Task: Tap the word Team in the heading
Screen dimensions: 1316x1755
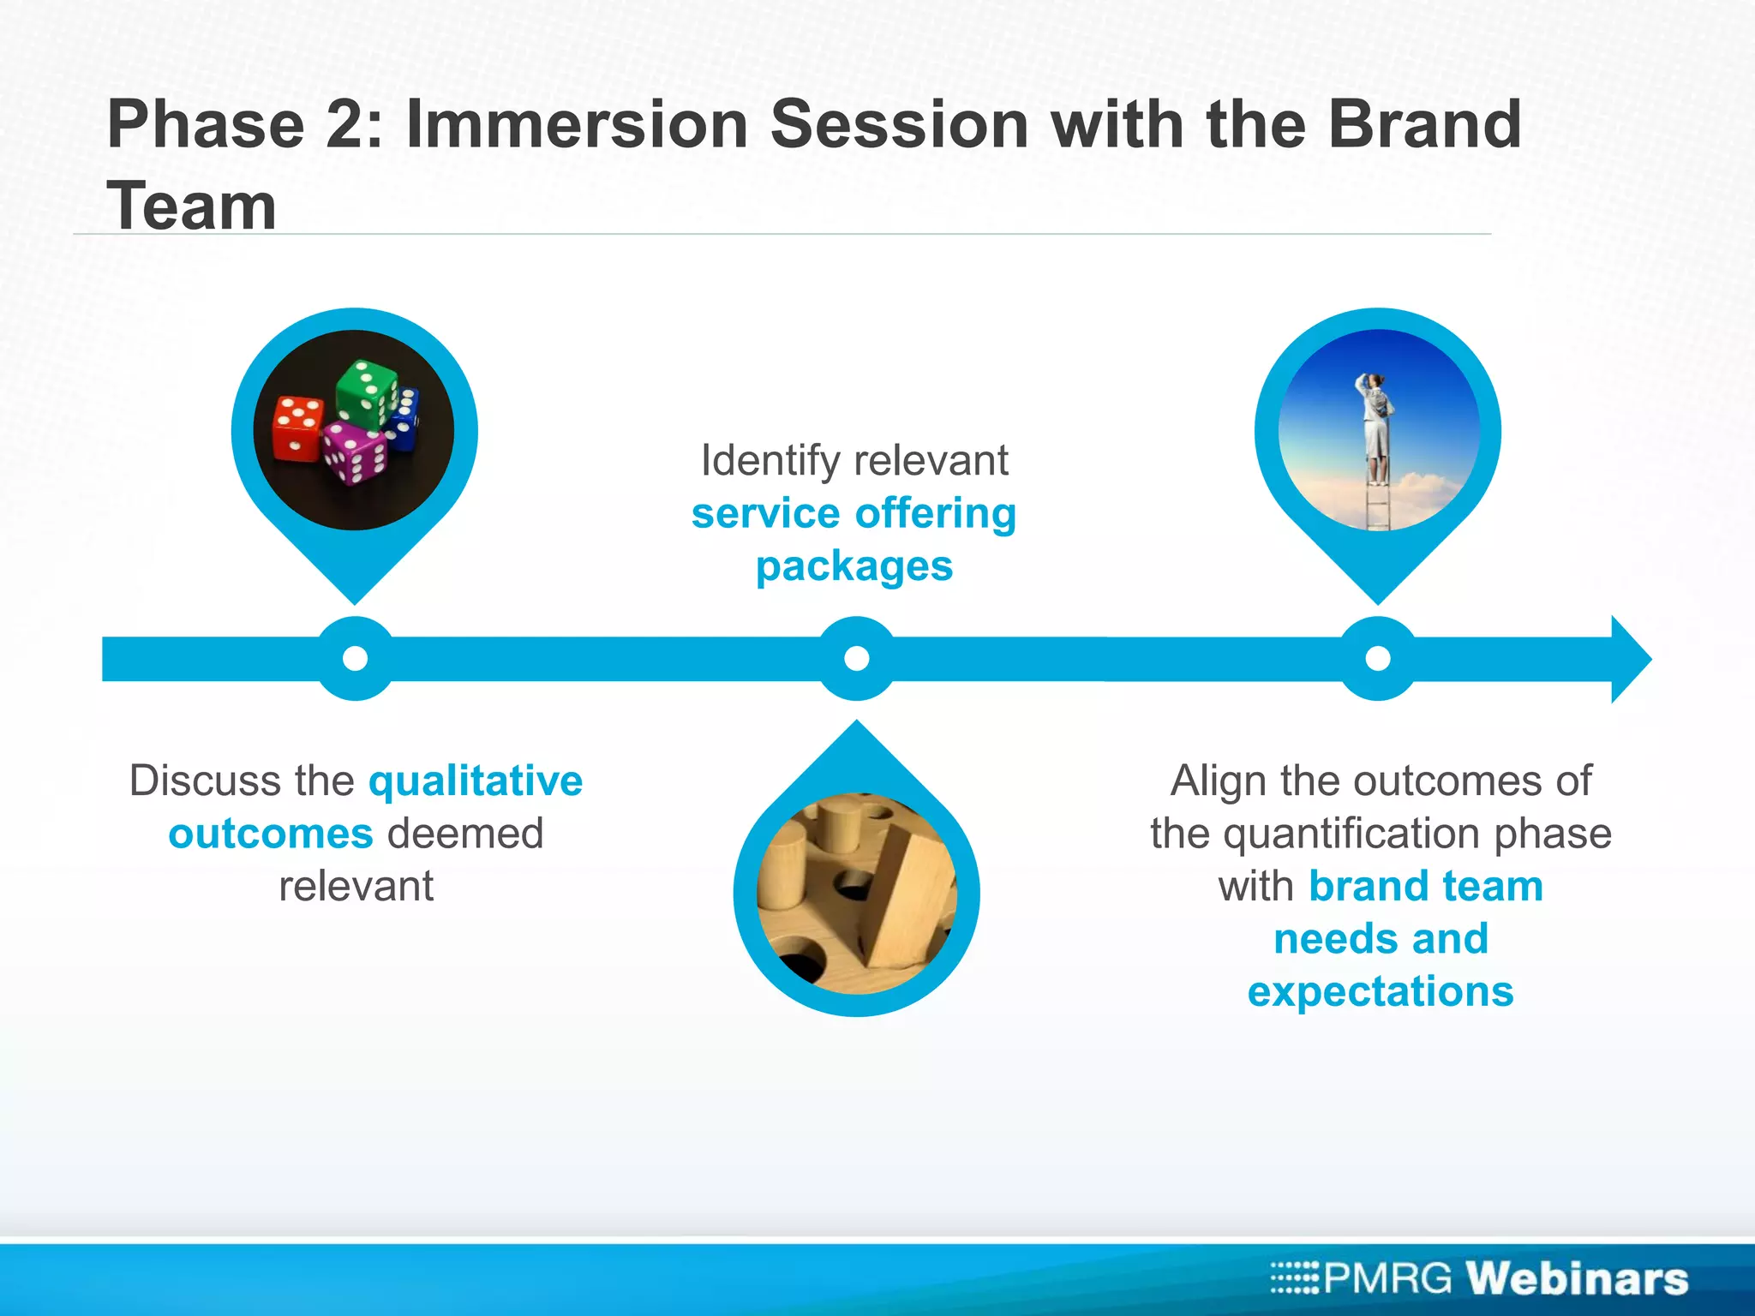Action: point(192,207)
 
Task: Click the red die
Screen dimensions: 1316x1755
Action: point(296,428)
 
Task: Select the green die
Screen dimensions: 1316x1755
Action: point(367,393)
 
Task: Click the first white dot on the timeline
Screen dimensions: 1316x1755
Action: point(355,658)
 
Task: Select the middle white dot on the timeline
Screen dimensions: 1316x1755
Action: point(856,658)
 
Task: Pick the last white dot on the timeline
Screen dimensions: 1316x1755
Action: point(1377,658)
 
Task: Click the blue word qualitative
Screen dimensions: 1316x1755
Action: point(476,781)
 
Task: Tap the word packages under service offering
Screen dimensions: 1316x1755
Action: point(854,567)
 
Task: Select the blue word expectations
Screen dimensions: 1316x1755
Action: point(1380,992)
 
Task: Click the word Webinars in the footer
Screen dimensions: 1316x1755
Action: point(1576,1278)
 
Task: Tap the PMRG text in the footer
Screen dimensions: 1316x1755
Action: point(1387,1278)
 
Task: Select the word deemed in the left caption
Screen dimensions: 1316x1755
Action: point(465,834)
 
